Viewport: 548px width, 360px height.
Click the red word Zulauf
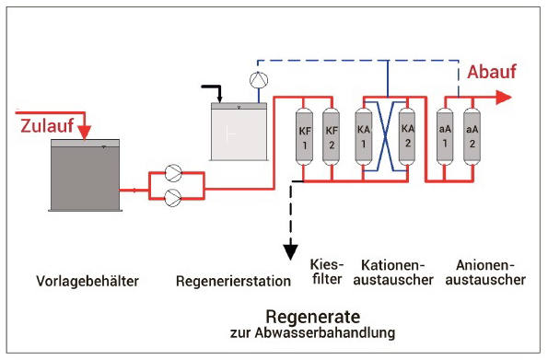pos(47,126)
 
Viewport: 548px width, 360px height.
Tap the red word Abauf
pos(492,72)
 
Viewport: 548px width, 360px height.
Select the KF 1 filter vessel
pos(305,136)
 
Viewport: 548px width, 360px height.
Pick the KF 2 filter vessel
pos(332,136)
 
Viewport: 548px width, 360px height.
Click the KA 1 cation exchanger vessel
pos(364,136)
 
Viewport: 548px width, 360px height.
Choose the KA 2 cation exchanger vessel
pos(407,136)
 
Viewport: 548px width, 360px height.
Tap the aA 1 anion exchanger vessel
pos(445,136)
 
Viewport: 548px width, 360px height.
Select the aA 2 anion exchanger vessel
pos(472,136)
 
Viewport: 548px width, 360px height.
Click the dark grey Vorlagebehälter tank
pos(86,175)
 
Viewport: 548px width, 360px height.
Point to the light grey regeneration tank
pos(239,132)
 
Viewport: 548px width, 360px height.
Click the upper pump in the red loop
pos(173,173)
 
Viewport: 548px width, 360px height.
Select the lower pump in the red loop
pos(173,198)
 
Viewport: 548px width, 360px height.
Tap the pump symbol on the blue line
pos(259,80)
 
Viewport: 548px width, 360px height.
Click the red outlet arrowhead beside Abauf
pos(504,98)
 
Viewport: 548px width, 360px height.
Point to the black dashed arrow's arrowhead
pos(290,252)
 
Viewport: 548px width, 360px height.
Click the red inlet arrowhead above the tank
pos(84,133)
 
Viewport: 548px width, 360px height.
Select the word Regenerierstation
pos(233,281)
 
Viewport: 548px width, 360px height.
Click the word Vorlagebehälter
pos(87,281)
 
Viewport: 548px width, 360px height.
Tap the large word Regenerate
pos(313,318)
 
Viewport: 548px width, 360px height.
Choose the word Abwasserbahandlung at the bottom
pos(325,332)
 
